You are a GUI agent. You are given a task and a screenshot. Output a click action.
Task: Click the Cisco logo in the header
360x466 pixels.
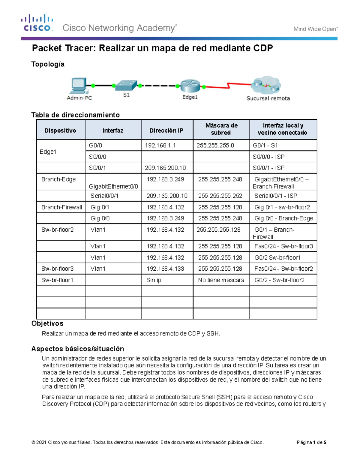(37, 23)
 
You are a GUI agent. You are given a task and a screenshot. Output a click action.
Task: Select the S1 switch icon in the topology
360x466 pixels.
(126, 85)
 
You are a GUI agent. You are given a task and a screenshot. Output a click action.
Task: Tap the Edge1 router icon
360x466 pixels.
(190, 86)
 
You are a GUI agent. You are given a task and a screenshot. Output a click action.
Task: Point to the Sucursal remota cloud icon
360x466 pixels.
(266, 85)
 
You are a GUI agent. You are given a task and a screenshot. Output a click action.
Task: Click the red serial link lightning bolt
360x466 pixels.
(229, 86)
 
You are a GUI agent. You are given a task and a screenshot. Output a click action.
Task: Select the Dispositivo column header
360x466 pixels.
(60, 131)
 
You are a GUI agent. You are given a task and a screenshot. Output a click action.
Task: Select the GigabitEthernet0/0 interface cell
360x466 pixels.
(113, 186)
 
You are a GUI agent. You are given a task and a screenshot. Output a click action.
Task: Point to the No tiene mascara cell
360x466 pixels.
(221, 280)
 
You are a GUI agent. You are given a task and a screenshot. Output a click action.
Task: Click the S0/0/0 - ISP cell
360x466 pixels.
(268, 157)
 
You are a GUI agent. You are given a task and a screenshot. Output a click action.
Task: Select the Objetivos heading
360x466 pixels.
(47, 323)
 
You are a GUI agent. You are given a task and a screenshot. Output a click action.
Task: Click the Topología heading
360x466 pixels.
(48, 64)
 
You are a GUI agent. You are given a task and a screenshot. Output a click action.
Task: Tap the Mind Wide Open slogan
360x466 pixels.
(315, 29)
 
